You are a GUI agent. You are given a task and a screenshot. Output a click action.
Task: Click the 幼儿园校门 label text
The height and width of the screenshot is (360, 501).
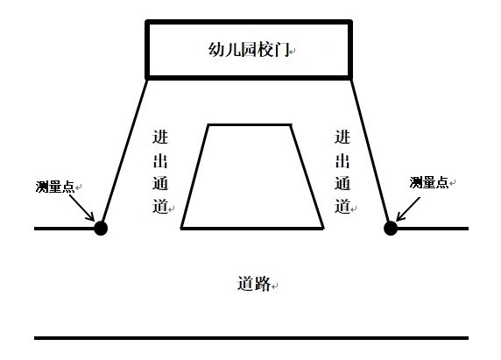pos(249,50)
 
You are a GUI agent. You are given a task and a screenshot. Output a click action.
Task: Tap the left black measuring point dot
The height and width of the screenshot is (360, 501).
pos(101,228)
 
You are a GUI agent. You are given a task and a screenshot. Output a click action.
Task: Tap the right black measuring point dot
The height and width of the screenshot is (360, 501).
pos(391,228)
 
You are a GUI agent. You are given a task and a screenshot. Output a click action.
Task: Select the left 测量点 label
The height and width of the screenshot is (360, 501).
pos(55,187)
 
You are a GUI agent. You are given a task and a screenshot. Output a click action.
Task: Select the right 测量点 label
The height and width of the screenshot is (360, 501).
pos(429,183)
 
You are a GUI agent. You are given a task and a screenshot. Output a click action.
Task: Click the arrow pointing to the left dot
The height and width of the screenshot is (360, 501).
pos(81,208)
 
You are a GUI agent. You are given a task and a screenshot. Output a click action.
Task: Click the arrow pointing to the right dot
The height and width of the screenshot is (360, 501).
pos(408,209)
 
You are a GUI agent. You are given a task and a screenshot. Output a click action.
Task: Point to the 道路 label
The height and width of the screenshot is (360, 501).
pos(254,283)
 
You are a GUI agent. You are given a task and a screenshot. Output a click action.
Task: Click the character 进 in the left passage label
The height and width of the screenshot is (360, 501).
pos(160,137)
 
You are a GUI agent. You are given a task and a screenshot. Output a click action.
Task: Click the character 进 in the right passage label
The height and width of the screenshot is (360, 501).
pos(342,137)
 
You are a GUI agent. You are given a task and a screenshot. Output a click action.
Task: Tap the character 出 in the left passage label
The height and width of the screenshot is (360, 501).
pos(160,160)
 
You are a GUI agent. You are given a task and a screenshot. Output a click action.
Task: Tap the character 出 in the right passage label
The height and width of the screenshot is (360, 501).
pos(342,160)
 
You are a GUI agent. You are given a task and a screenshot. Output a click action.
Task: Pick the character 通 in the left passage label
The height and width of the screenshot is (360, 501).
pos(160,183)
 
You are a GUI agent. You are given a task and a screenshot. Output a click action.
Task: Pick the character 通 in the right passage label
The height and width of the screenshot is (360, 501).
pos(342,183)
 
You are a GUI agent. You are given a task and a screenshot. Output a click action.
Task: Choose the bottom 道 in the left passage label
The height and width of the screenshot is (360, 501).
pos(160,206)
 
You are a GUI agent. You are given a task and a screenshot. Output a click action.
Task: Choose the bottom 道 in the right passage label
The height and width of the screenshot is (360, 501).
pos(342,206)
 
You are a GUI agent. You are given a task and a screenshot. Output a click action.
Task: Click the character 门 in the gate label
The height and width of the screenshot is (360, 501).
pos(282,50)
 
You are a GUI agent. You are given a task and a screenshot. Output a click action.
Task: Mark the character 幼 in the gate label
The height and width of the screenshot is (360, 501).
pos(216,50)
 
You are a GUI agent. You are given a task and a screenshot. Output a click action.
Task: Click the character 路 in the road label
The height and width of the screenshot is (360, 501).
pos(263,283)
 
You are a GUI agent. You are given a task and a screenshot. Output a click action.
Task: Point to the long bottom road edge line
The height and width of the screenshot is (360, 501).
pos(251,337)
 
